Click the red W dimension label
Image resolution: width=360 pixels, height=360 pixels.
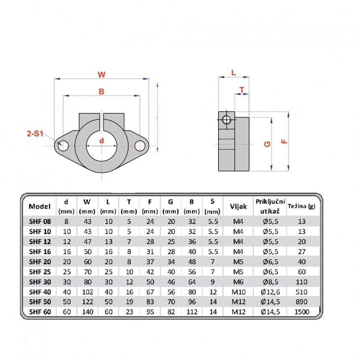pyautogui.click(x=101, y=75)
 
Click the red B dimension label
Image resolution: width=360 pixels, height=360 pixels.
pyautogui.click(x=101, y=92)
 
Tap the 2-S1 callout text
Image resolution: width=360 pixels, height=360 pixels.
pyautogui.click(x=35, y=134)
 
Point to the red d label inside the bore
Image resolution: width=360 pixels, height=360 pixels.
pyautogui.click(x=102, y=141)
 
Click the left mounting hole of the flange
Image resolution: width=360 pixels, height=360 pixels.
pyautogui.click(x=63, y=146)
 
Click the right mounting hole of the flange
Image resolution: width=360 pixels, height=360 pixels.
pyautogui.click(x=140, y=146)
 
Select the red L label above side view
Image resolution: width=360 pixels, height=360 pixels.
pyautogui.click(x=234, y=73)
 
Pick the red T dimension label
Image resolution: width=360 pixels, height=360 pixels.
pyautogui.click(x=242, y=90)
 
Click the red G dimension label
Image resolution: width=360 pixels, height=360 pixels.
pyautogui.click(x=267, y=144)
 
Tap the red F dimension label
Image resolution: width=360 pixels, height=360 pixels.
pyautogui.click(x=284, y=141)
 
